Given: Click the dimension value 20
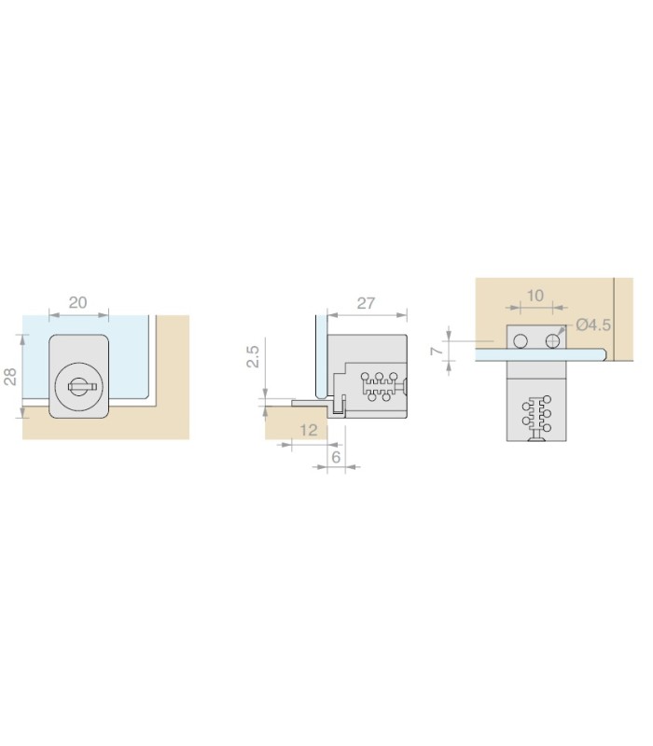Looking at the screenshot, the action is coord(78,302).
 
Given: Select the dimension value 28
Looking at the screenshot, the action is coord(10,377).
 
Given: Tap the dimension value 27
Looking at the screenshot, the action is coord(366,304).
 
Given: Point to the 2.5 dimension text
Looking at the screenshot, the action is coord(253,356).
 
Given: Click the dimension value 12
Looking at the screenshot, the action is coord(309,430).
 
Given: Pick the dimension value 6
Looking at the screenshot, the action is coord(336,457).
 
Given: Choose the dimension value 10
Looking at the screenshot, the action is coord(535,296).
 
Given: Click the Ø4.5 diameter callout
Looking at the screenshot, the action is coord(593,325).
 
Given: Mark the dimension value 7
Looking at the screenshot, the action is coord(437,352).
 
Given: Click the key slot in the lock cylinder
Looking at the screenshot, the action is coord(82,387).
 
